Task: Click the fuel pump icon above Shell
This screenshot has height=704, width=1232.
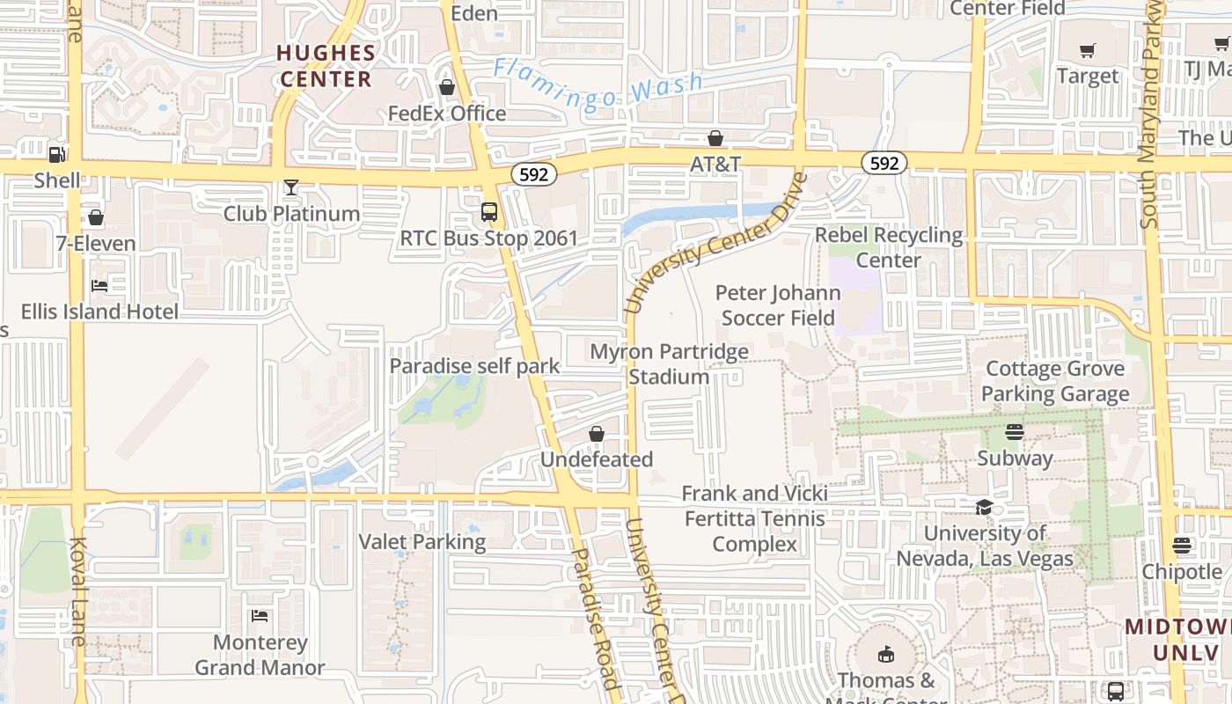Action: click(56, 154)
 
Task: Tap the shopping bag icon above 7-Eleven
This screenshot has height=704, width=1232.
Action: click(96, 217)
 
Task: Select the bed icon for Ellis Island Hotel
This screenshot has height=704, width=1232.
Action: click(99, 286)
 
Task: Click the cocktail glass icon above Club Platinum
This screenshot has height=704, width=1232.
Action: click(291, 187)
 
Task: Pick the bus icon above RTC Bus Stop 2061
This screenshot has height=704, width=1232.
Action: click(488, 212)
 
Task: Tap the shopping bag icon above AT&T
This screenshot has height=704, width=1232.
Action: click(715, 138)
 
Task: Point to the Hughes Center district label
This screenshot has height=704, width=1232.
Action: click(326, 66)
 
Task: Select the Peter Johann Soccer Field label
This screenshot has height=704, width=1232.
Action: click(778, 304)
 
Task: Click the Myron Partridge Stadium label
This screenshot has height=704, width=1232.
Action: click(669, 364)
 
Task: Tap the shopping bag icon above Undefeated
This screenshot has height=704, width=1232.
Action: click(597, 434)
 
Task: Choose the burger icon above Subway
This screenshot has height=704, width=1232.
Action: click(1015, 432)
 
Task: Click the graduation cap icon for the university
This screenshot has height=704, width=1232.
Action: click(984, 507)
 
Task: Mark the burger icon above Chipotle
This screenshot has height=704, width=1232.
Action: click(1181, 546)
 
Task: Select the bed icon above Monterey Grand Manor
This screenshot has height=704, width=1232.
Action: click(260, 616)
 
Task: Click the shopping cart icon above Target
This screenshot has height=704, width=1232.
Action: click(1088, 50)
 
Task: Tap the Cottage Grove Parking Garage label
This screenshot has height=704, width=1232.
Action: click(1055, 381)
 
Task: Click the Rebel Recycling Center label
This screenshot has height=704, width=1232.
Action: click(889, 247)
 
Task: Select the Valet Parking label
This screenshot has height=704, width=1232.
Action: click(422, 541)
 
